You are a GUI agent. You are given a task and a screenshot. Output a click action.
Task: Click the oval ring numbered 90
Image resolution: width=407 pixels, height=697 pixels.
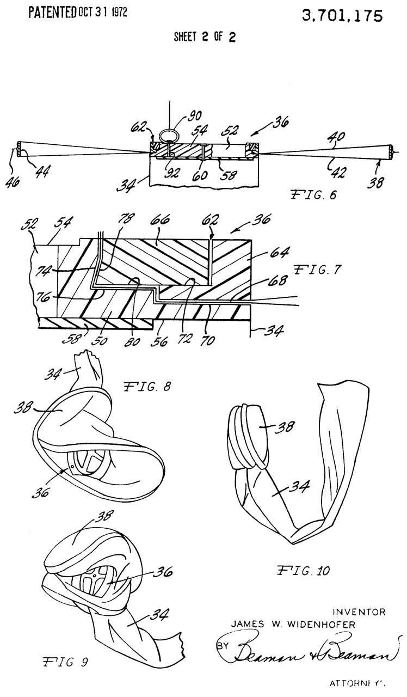[x=169, y=135]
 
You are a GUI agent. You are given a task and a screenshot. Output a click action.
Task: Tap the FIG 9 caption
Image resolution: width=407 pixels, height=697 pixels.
[x=65, y=662]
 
